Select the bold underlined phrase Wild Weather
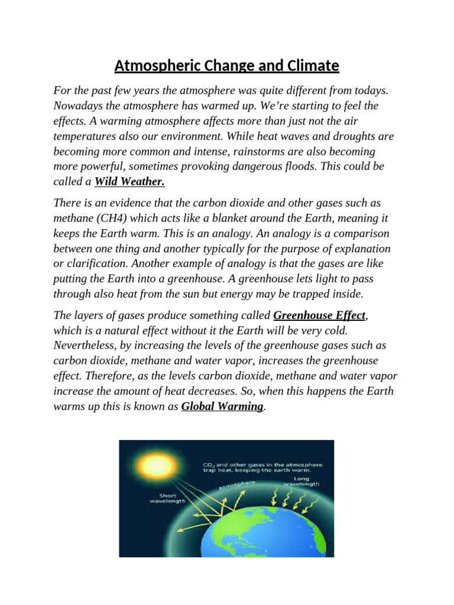coord(129,182)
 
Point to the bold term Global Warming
coord(222,406)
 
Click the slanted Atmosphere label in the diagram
coord(237,485)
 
